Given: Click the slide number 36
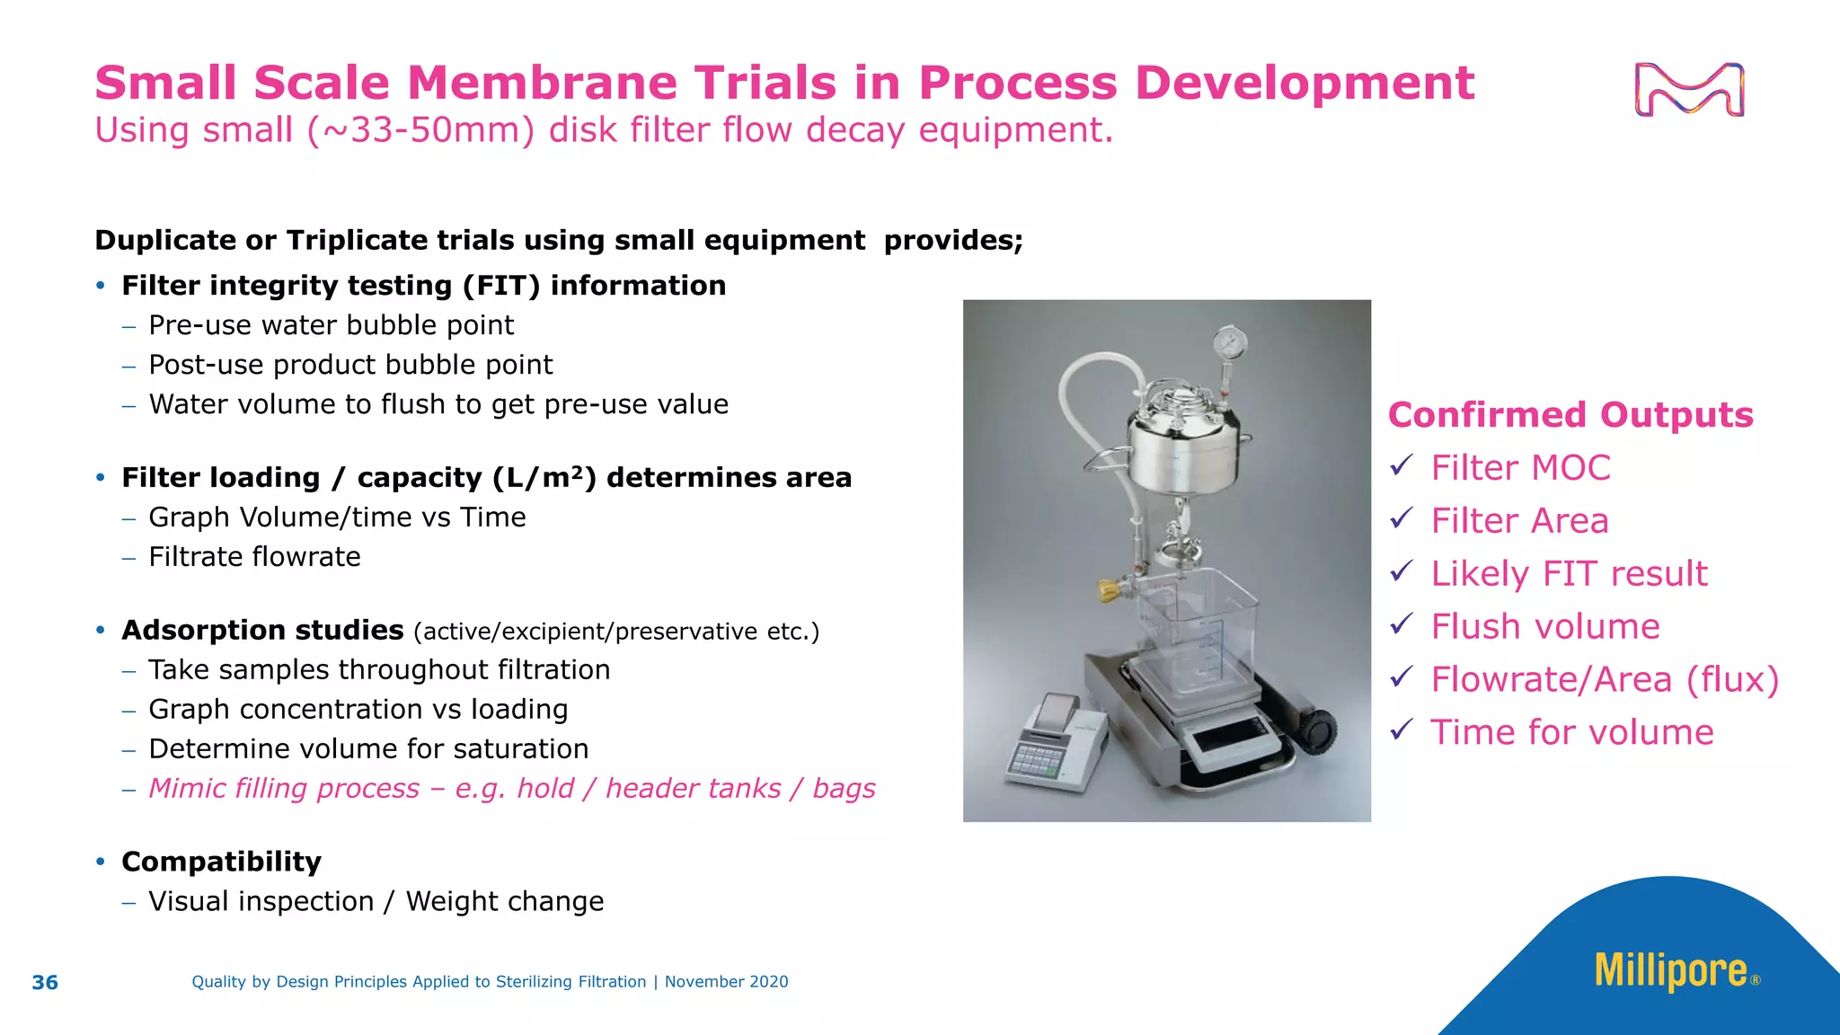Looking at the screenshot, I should coord(45,982).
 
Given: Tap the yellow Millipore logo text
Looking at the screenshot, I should coord(1671,972).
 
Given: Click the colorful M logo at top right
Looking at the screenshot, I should coord(1689,90).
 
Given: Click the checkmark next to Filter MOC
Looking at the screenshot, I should coord(1402,465).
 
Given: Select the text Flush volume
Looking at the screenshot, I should coord(1545,626).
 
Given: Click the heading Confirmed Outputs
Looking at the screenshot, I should coord(1570,415).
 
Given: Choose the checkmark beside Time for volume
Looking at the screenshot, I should coord(1402,730).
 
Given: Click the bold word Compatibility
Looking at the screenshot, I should coord(221,862).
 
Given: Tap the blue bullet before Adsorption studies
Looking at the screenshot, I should coord(101,631).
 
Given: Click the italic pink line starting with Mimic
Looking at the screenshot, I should coord(511,788).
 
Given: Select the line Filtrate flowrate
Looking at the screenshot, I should coord(254,557).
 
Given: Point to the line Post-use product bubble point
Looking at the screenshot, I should coord(350,365).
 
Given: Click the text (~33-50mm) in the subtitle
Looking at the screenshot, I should coord(420,130).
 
